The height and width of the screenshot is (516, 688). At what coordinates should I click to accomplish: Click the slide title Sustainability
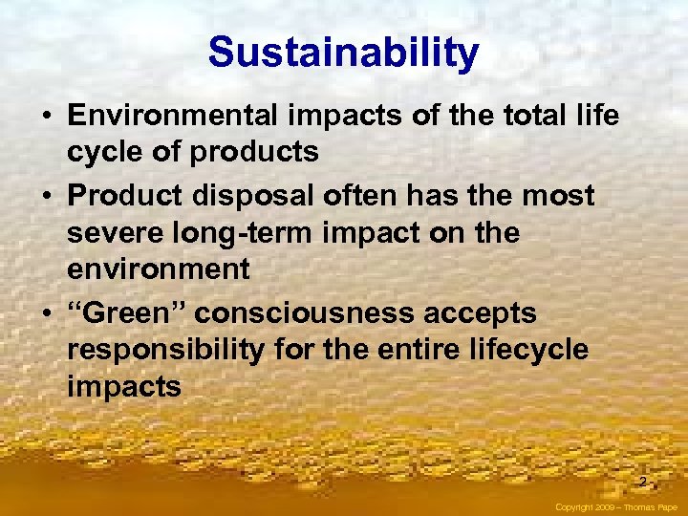point(343,53)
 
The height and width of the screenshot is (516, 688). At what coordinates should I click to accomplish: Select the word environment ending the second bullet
point(158,270)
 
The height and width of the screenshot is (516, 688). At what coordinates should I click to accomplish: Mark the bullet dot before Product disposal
point(46,197)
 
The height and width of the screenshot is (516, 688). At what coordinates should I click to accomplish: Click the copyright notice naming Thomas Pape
point(617,507)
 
